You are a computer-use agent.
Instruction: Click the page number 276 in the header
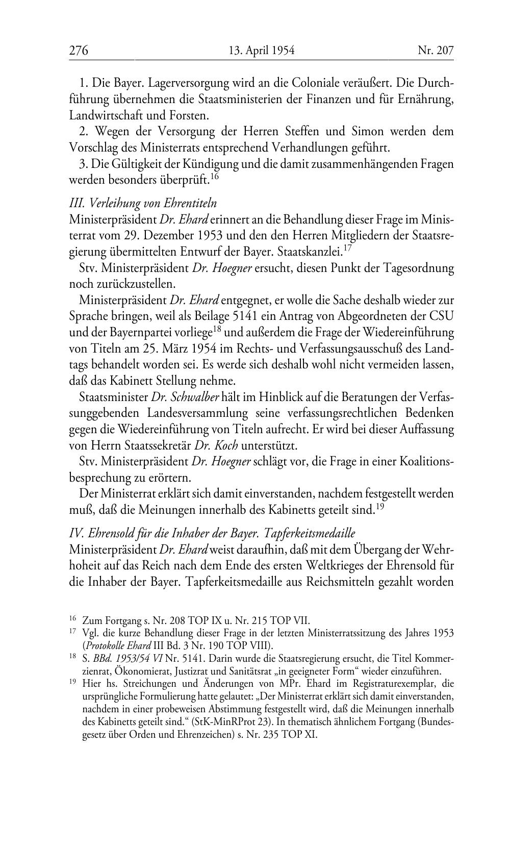tap(79, 51)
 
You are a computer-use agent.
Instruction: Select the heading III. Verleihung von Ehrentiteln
tap(143, 203)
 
